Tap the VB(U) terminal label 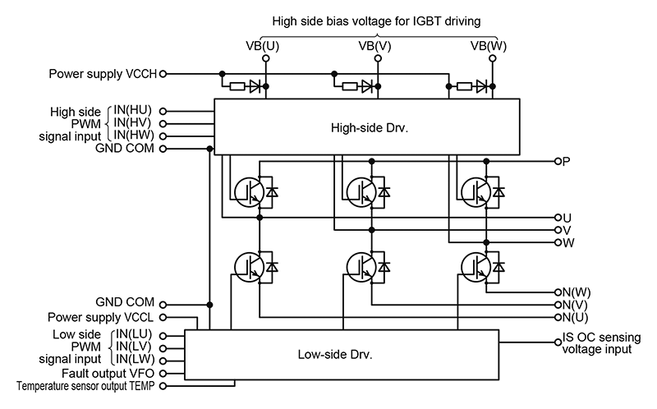coord(263,46)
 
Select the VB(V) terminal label coord(374,46)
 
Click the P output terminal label coord(567,161)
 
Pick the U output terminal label coord(567,218)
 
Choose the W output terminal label coord(567,242)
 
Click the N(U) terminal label coord(576,317)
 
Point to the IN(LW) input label coord(133,359)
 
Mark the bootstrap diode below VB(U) coord(255,85)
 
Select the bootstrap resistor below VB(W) coord(465,85)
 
